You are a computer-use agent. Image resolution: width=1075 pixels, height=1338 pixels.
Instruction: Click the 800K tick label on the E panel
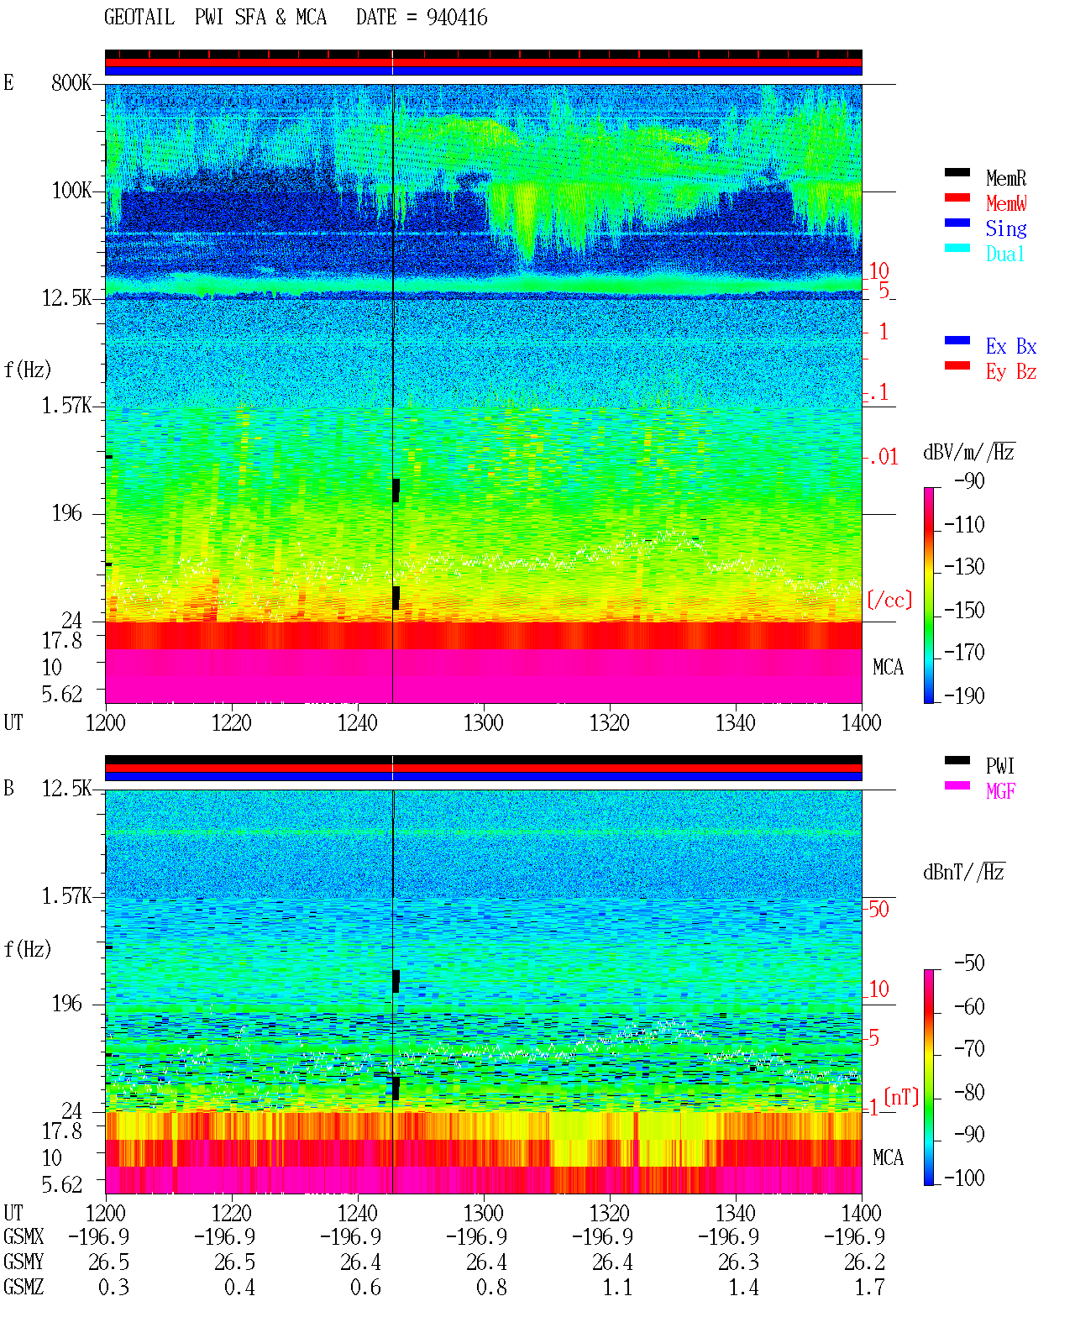coord(71,82)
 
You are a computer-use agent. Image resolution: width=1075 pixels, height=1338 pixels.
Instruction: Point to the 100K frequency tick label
coord(71,191)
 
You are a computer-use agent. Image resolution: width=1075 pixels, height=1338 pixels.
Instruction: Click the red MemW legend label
coord(1005,203)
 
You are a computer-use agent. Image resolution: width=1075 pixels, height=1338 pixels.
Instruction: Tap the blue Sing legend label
coord(1005,228)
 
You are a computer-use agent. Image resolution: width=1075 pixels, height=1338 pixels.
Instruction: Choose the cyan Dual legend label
coord(1004,254)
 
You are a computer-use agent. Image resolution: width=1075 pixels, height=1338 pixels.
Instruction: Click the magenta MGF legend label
coord(1000,791)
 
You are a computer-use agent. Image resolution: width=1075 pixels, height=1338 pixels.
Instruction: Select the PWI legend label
coord(999,766)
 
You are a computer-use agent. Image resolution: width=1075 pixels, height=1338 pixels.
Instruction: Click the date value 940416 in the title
coord(457,18)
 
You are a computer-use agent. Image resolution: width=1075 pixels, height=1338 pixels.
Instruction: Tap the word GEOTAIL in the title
coord(139,18)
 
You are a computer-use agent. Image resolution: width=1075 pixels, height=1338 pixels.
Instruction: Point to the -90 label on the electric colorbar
coord(969,480)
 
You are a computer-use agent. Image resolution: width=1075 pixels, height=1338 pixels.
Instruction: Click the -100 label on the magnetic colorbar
coord(964,1178)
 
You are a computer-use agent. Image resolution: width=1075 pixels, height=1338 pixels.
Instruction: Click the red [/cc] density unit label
coord(889,600)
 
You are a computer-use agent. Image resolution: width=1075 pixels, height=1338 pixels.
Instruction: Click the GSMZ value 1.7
coord(869,1287)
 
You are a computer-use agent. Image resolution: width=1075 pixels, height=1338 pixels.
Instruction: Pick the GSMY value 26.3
coord(738,1262)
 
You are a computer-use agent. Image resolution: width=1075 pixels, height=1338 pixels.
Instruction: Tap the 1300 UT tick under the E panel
coord(483,723)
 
